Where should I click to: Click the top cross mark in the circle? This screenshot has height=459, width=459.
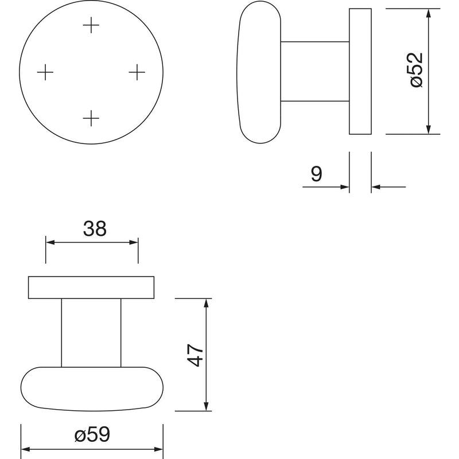coord(91,25)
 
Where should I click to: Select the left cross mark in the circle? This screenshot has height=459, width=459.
coord(45,72)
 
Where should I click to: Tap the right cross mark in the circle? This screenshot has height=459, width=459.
coord(137,72)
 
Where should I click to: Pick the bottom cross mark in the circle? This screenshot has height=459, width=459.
coord(91,118)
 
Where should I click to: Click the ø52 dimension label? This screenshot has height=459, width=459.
coord(417,70)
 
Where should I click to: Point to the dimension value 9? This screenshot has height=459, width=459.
coord(317,174)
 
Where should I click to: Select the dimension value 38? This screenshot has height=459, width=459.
coord(95,228)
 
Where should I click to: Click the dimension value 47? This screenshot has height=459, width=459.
coord(195,355)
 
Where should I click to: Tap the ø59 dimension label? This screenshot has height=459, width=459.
coord(92,434)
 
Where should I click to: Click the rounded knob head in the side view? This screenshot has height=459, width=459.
coord(259,72)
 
